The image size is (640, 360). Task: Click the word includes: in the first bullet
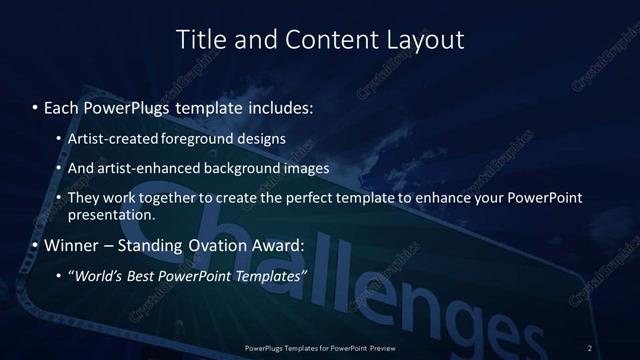[x=275, y=104]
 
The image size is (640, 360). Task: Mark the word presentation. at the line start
[x=111, y=214]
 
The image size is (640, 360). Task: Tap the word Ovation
[x=229, y=244]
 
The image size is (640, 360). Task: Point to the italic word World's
[x=100, y=275]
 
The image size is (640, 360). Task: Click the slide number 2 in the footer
[x=590, y=347]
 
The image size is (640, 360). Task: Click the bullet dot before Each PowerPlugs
[x=35, y=104]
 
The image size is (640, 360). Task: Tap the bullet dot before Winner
[x=35, y=244]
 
